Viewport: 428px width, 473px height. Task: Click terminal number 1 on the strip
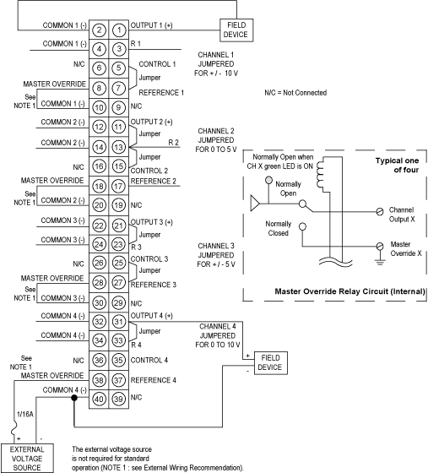point(119,30)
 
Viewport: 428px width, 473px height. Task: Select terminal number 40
point(99,399)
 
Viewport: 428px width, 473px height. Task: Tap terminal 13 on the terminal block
point(118,147)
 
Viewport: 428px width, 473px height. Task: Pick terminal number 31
point(118,321)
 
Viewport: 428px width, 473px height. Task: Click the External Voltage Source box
point(27,458)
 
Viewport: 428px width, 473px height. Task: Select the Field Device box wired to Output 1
point(236,30)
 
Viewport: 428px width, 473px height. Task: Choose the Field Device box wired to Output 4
point(270,363)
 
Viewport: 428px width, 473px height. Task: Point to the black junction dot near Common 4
point(74,398)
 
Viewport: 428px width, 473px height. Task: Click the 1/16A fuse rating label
point(25,414)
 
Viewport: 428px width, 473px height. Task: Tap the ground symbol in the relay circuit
point(380,260)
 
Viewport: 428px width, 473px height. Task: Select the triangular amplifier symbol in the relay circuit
point(255,204)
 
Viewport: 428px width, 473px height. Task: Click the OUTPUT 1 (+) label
point(151,25)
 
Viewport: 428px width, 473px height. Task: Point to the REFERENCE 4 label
point(153,380)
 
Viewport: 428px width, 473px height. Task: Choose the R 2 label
point(173,143)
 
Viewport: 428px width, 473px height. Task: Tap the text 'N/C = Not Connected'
point(295,93)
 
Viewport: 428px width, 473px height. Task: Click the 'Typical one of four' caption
point(397,166)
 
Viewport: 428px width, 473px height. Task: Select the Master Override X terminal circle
point(380,246)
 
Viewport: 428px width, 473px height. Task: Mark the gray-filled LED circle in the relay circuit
point(268,181)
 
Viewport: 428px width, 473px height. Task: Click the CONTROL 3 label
point(149,259)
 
